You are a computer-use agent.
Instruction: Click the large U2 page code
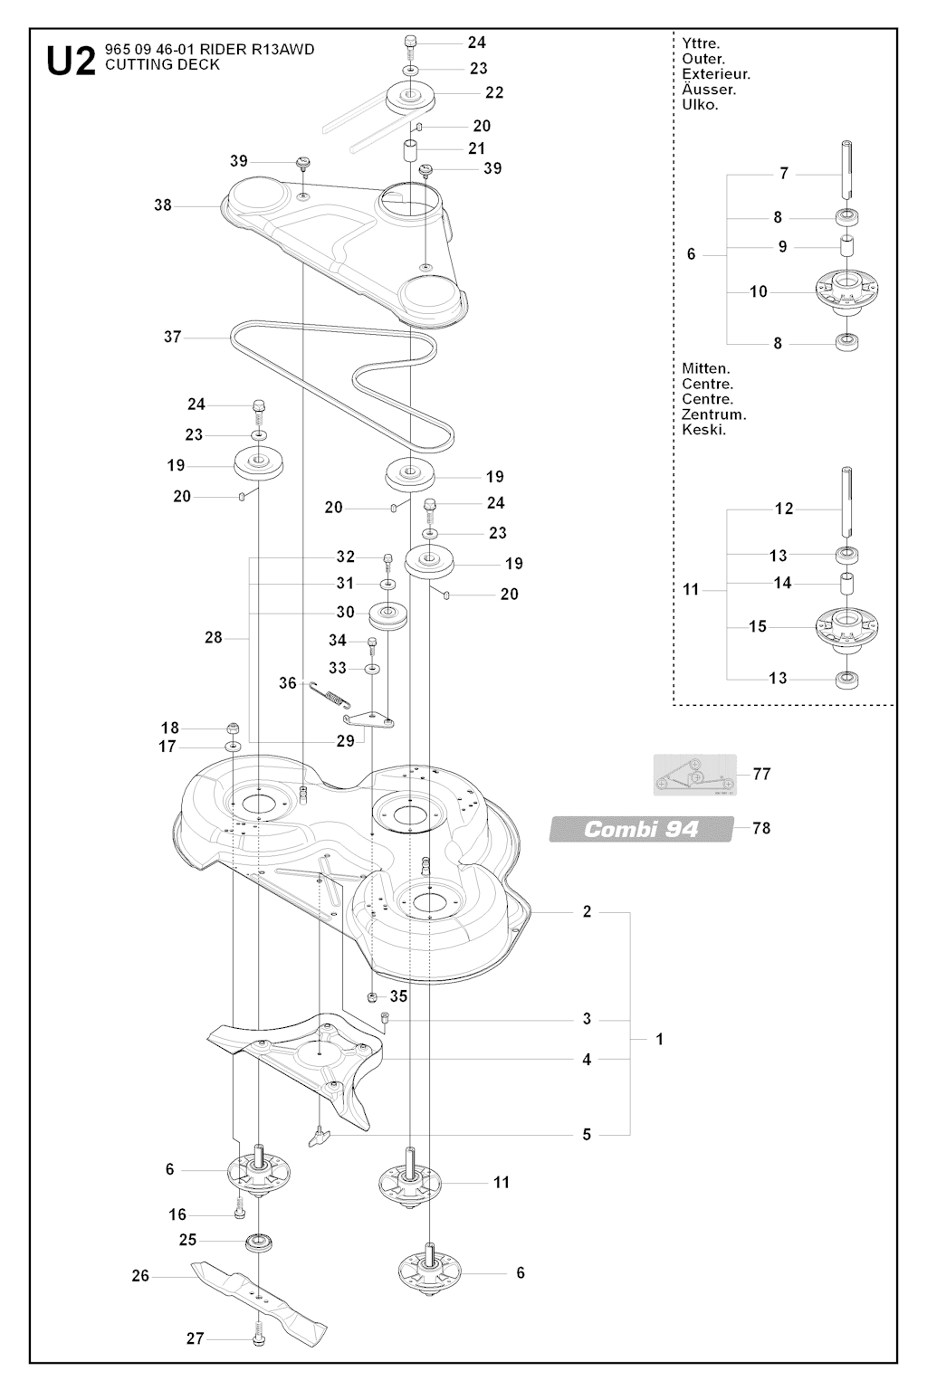click(x=70, y=61)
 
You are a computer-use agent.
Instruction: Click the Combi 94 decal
click(x=641, y=829)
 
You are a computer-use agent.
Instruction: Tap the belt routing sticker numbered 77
click(x=695, y=776)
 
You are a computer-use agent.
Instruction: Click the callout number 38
click(x=163, y=205)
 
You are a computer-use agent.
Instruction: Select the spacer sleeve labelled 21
click(x=411, y=148)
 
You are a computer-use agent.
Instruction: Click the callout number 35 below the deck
click(x=398, y=995)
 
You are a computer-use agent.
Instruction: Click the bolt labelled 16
click(x=239, y=1213)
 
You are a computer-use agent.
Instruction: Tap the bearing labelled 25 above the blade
click(x=259, y=1241)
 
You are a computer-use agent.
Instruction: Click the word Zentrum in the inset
click(x=713, y=414)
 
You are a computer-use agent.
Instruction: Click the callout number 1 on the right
click(x=660, y=1039)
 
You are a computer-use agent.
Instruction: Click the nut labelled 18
click(x=233, y=728)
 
